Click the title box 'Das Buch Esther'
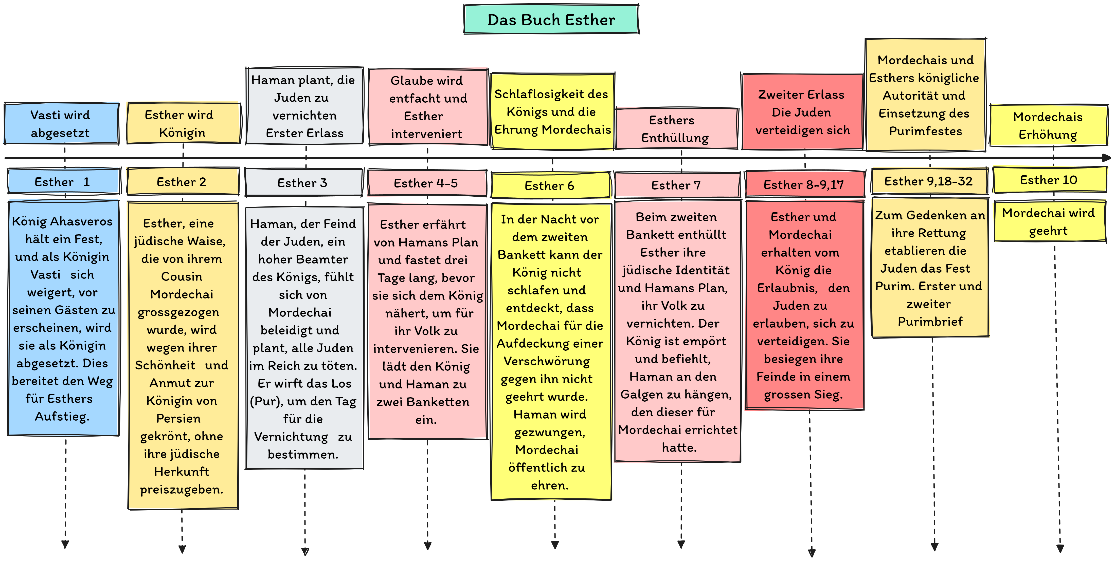pyautogui.click(x=551, y=20)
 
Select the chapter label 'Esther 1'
pyautogui.click(x=63, y=182)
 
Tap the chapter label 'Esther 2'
pyautogui.click(x=182, y=182)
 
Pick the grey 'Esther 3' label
pyautogui.click(x=303, y=183)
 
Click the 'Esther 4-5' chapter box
pyautogui.click(x=426, y=183)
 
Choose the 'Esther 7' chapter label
pyautogui.click(x=677, y=185)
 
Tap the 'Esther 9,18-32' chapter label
pyautogui.click(x=929, y=181)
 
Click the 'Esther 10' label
pyautogui.click(x=1049, y=180)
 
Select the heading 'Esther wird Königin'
pyautogui.click(x=182, y=123)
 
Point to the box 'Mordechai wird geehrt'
pyautogui.click(x=1049, y=221)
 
